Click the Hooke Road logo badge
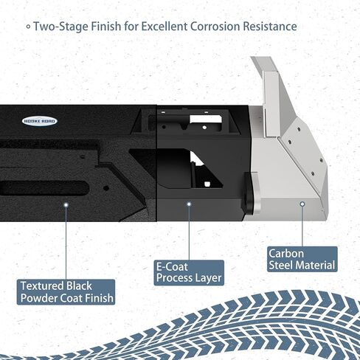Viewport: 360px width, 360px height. point(40,121)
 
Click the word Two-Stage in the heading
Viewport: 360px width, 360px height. point(61,27)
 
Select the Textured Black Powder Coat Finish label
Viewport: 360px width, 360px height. point(66,292)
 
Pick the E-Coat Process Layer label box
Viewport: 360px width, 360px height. point(189,273)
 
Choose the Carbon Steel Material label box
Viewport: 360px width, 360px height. point(302,259)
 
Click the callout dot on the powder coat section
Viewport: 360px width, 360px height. point(66,204)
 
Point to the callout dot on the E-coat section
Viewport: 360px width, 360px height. point(189,204)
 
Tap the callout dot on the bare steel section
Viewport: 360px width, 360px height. point(302,204)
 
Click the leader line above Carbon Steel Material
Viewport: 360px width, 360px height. point(302,226)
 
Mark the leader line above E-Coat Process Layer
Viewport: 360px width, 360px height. point(189,233)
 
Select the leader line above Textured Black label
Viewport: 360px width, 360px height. point(66,243)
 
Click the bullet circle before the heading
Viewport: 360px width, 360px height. point(29,27)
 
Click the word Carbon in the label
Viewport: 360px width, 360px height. point(286,254)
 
